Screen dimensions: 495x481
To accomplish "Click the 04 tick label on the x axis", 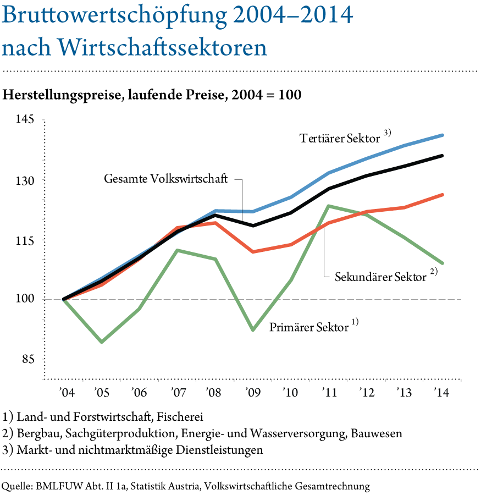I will tap(68, 393).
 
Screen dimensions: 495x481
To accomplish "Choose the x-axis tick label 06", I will tap(140, 393).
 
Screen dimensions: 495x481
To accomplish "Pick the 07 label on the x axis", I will tap(179, 393).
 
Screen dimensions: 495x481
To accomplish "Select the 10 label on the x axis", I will tap(292, 393).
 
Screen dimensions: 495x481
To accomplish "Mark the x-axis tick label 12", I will tap(368, 393).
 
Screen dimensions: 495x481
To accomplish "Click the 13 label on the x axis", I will tap(405, 393).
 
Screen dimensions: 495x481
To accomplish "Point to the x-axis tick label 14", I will tap(443, 393).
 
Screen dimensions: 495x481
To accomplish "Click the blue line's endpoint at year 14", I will tap(443, 135).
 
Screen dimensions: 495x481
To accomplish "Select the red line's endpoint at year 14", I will tap(443, 195).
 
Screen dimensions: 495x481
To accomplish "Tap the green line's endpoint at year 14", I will tap(443, 263).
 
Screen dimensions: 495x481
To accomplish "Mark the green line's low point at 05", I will tap(102, 342).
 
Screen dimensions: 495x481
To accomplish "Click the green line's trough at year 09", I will tap(253, 331).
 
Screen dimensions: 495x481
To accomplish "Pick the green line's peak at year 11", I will tap(328, 206).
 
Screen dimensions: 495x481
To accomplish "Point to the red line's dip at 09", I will tap(253, 251).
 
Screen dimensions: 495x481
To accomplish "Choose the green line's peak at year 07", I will tap(178, 250).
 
